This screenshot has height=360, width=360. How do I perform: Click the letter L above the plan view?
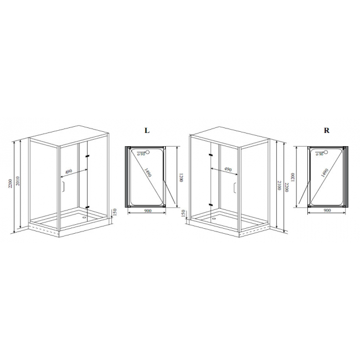[147, 130]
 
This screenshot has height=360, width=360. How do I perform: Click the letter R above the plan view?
[326, 130]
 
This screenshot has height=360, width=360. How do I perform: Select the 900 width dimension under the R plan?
[327, 210]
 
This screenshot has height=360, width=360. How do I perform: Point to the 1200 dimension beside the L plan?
[181, 177]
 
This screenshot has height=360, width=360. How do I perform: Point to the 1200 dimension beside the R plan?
[292, 177]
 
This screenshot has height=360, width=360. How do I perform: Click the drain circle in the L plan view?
[148, 152]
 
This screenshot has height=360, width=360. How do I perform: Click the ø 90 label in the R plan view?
[319, 155]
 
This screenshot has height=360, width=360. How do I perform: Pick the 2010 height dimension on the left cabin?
[18, 181]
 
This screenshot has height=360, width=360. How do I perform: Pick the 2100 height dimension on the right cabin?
[279, 185]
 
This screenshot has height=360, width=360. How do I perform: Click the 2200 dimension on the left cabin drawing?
[10, 183]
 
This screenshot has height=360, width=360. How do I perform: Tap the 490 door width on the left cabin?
[69, 171]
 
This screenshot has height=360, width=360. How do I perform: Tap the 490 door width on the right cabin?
[228, 169]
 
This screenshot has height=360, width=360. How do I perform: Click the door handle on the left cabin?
[63, 186]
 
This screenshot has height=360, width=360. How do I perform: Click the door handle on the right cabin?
[235, 188]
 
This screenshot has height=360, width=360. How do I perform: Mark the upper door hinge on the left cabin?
[88, 156]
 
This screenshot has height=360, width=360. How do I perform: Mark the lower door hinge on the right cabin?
[211, 204]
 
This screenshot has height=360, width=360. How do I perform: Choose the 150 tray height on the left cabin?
[115, 212]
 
